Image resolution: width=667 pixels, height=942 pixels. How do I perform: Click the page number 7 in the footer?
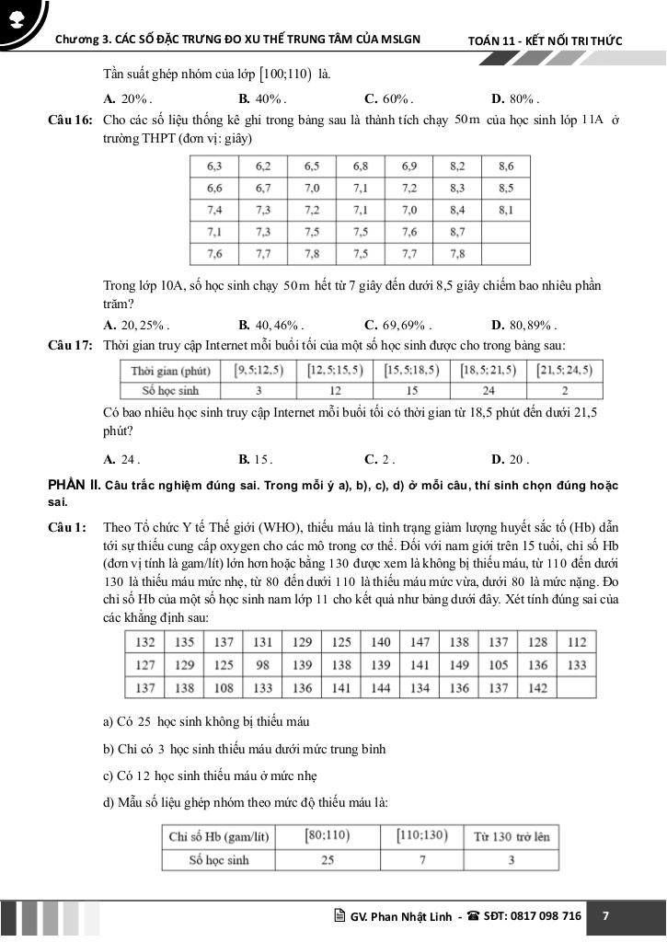[x=605, y=916]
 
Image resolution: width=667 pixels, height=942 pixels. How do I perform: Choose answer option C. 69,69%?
[x=397, y=325]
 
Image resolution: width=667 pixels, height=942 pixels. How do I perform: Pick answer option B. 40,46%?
[x=270, y=325]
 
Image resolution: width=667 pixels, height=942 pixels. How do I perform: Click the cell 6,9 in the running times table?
[x=408, y=167]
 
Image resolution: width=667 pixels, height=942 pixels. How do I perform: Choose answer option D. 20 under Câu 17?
[x=510, y=459]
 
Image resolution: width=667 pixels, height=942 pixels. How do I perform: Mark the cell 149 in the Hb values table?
[x=458, y=665]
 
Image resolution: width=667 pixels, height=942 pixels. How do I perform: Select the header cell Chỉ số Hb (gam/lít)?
[x=219, y=837]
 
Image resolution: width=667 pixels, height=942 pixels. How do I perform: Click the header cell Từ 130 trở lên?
[x=511, y=837]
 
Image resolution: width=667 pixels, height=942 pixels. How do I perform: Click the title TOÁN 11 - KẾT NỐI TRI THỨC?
[x=545, y=41]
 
